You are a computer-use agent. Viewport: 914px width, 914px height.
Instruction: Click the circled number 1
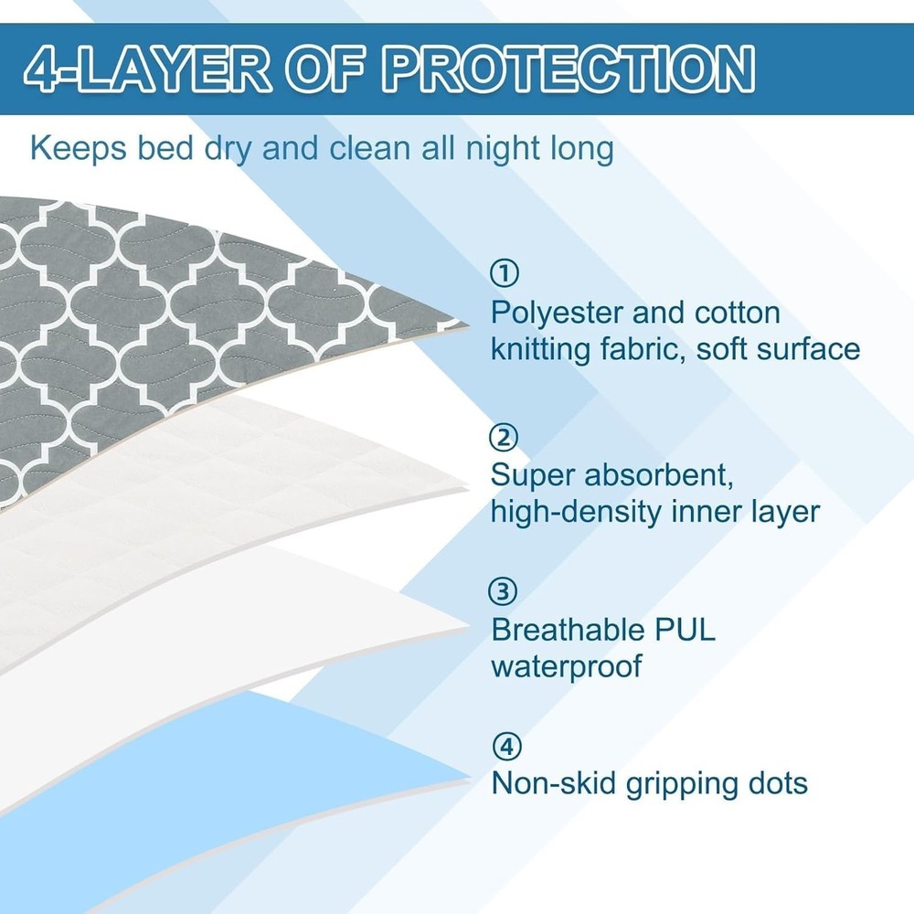click(504, 273)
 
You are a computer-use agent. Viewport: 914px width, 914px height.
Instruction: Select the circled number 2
click(504, 439)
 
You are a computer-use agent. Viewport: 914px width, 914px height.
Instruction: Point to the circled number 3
click(504, 592)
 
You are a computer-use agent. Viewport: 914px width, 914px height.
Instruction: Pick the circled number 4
click(504, 747)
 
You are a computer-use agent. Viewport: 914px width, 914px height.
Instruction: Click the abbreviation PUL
click(686, 630)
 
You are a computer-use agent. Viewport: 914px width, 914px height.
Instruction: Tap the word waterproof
click(567, 665)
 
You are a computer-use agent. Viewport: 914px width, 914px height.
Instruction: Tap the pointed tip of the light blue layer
click(466, 781)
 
